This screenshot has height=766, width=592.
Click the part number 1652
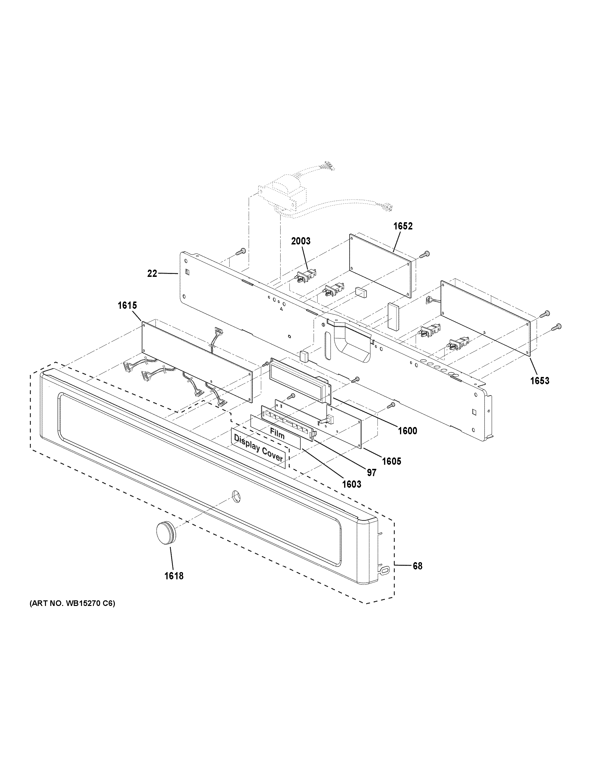tap(403, 226)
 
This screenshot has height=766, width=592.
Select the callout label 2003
tap(301, 241)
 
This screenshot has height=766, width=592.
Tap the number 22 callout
tap(152, 273)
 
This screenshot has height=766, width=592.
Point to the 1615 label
tap(127, 305)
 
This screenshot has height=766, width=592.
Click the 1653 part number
tap(539, 381)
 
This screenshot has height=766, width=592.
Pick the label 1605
tap(391, 461)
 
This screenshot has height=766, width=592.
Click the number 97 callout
tap(371, 473)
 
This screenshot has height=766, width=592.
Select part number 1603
tap(351, 484)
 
